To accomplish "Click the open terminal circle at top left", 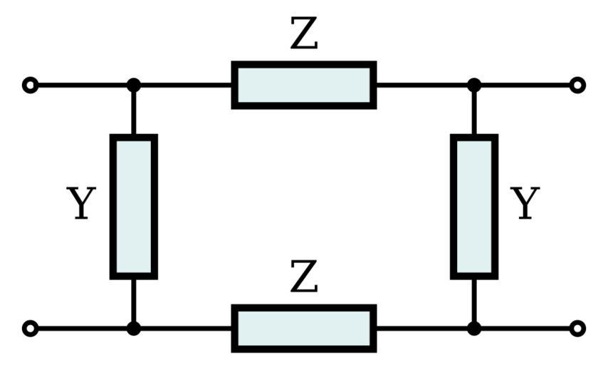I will (30, 86).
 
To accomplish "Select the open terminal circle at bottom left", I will (30, 329).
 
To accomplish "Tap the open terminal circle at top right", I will (578, 86).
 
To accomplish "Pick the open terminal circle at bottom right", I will (578, 329).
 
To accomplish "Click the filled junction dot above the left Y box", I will (133, 86).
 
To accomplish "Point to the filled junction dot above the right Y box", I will (474, 86).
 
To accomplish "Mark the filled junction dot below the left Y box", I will (133, 329).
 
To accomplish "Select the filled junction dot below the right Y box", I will (474, 329).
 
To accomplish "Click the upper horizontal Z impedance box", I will (303, 86).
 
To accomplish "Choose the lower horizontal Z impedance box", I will (303, 329).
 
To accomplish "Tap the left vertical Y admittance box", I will (133, 207).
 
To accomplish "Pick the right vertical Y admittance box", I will (474, 207).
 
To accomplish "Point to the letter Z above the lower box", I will (304, 279).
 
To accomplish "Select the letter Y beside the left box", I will (81, 204).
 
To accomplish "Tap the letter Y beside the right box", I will (525, 204).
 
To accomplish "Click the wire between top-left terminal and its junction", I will (82, 86).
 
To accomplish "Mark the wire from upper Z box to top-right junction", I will (424, 86).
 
